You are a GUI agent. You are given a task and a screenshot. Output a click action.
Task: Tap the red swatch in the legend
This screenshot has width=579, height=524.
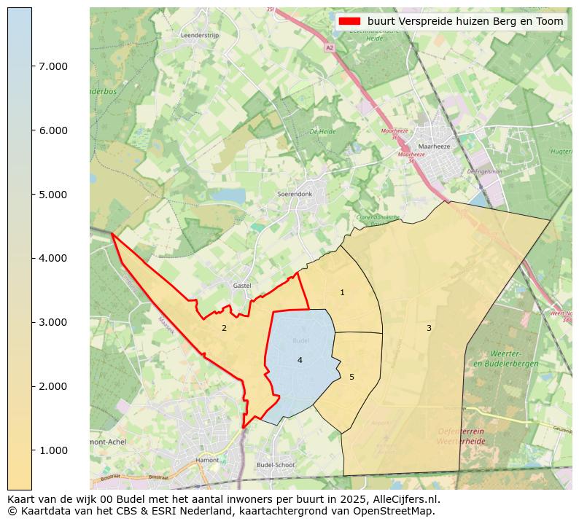(349, 21)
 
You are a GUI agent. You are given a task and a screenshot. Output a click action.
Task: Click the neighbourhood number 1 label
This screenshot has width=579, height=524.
(342, 292)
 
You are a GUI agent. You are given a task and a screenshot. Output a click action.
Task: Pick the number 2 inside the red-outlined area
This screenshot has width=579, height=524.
(224, 328)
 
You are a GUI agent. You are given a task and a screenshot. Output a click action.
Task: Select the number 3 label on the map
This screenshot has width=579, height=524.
(429, 328)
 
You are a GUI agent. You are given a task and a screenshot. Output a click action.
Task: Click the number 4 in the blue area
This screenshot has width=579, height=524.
(299, 360)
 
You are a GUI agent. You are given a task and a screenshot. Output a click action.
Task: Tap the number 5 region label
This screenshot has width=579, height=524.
(351, 377)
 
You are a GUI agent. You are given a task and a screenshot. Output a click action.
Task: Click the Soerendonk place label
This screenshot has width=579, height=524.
(295, 195)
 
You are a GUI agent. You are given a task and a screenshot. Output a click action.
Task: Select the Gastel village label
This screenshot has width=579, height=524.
(241, 286)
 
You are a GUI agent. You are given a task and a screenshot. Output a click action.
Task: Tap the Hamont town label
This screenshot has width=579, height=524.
(207, 461)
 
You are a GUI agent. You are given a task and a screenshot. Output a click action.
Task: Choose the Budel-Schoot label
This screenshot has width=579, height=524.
(276, 465)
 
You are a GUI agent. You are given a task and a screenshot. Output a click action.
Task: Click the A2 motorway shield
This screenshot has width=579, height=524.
(330, 47)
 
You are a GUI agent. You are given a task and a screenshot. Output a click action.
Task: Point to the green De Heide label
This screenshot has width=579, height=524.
(322, 132)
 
